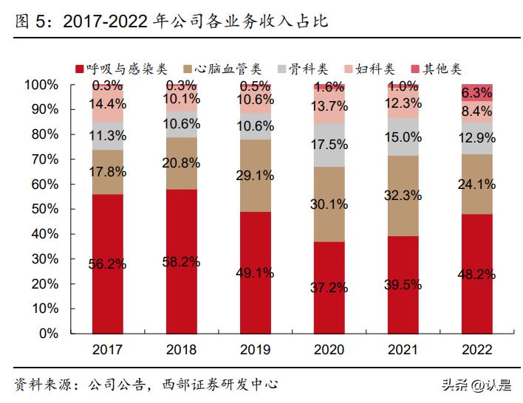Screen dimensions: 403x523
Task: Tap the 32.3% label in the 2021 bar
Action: (x=403, y=195)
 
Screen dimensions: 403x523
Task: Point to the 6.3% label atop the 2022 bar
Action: (x=477, y=93)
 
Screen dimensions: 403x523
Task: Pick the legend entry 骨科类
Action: (x=311, y=69)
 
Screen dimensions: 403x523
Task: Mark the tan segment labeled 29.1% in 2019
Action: (x=256, y=176)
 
